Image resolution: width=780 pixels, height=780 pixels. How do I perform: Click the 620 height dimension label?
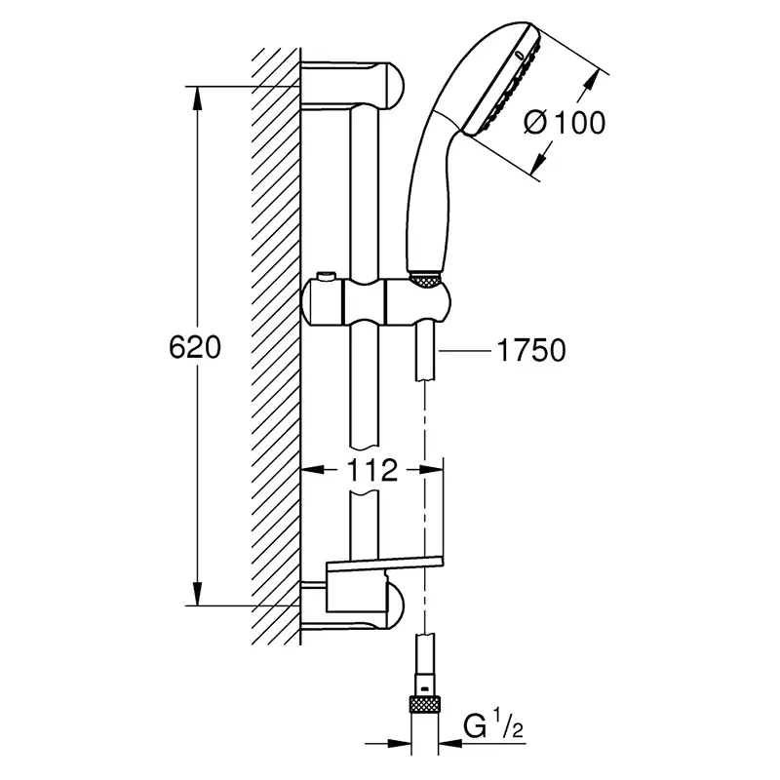coord(194,347)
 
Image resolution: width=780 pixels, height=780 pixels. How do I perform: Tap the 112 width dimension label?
coord(372,470)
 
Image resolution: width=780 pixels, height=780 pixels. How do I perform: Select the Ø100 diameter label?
coord(565,123)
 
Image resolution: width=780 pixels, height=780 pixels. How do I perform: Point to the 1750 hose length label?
coord(531,350)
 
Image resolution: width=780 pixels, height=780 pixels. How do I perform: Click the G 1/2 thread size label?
coord(493,726)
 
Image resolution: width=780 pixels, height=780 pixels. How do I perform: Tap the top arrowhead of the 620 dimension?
coord(198,98)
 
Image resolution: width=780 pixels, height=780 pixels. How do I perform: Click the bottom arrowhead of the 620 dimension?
coord(198,594)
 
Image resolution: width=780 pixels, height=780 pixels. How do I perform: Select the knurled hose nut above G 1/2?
coord(424,705)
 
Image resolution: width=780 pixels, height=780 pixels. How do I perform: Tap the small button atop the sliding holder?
coord(328,276)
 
